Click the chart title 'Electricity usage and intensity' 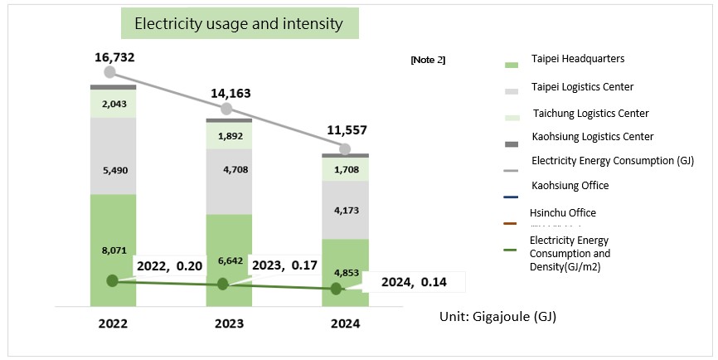coord(239,24)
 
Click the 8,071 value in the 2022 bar coord(113,248)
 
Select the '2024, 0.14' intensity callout coord(415,281)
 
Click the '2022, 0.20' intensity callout coord(169,265)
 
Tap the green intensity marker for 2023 coord(223,284)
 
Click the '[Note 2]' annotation coord(428,60)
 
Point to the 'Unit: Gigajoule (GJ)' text coord(502,317)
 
